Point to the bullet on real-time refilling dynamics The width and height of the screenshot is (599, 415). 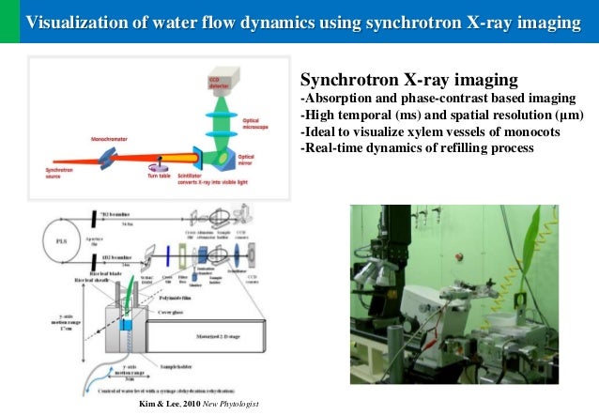(x=416, y=148)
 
